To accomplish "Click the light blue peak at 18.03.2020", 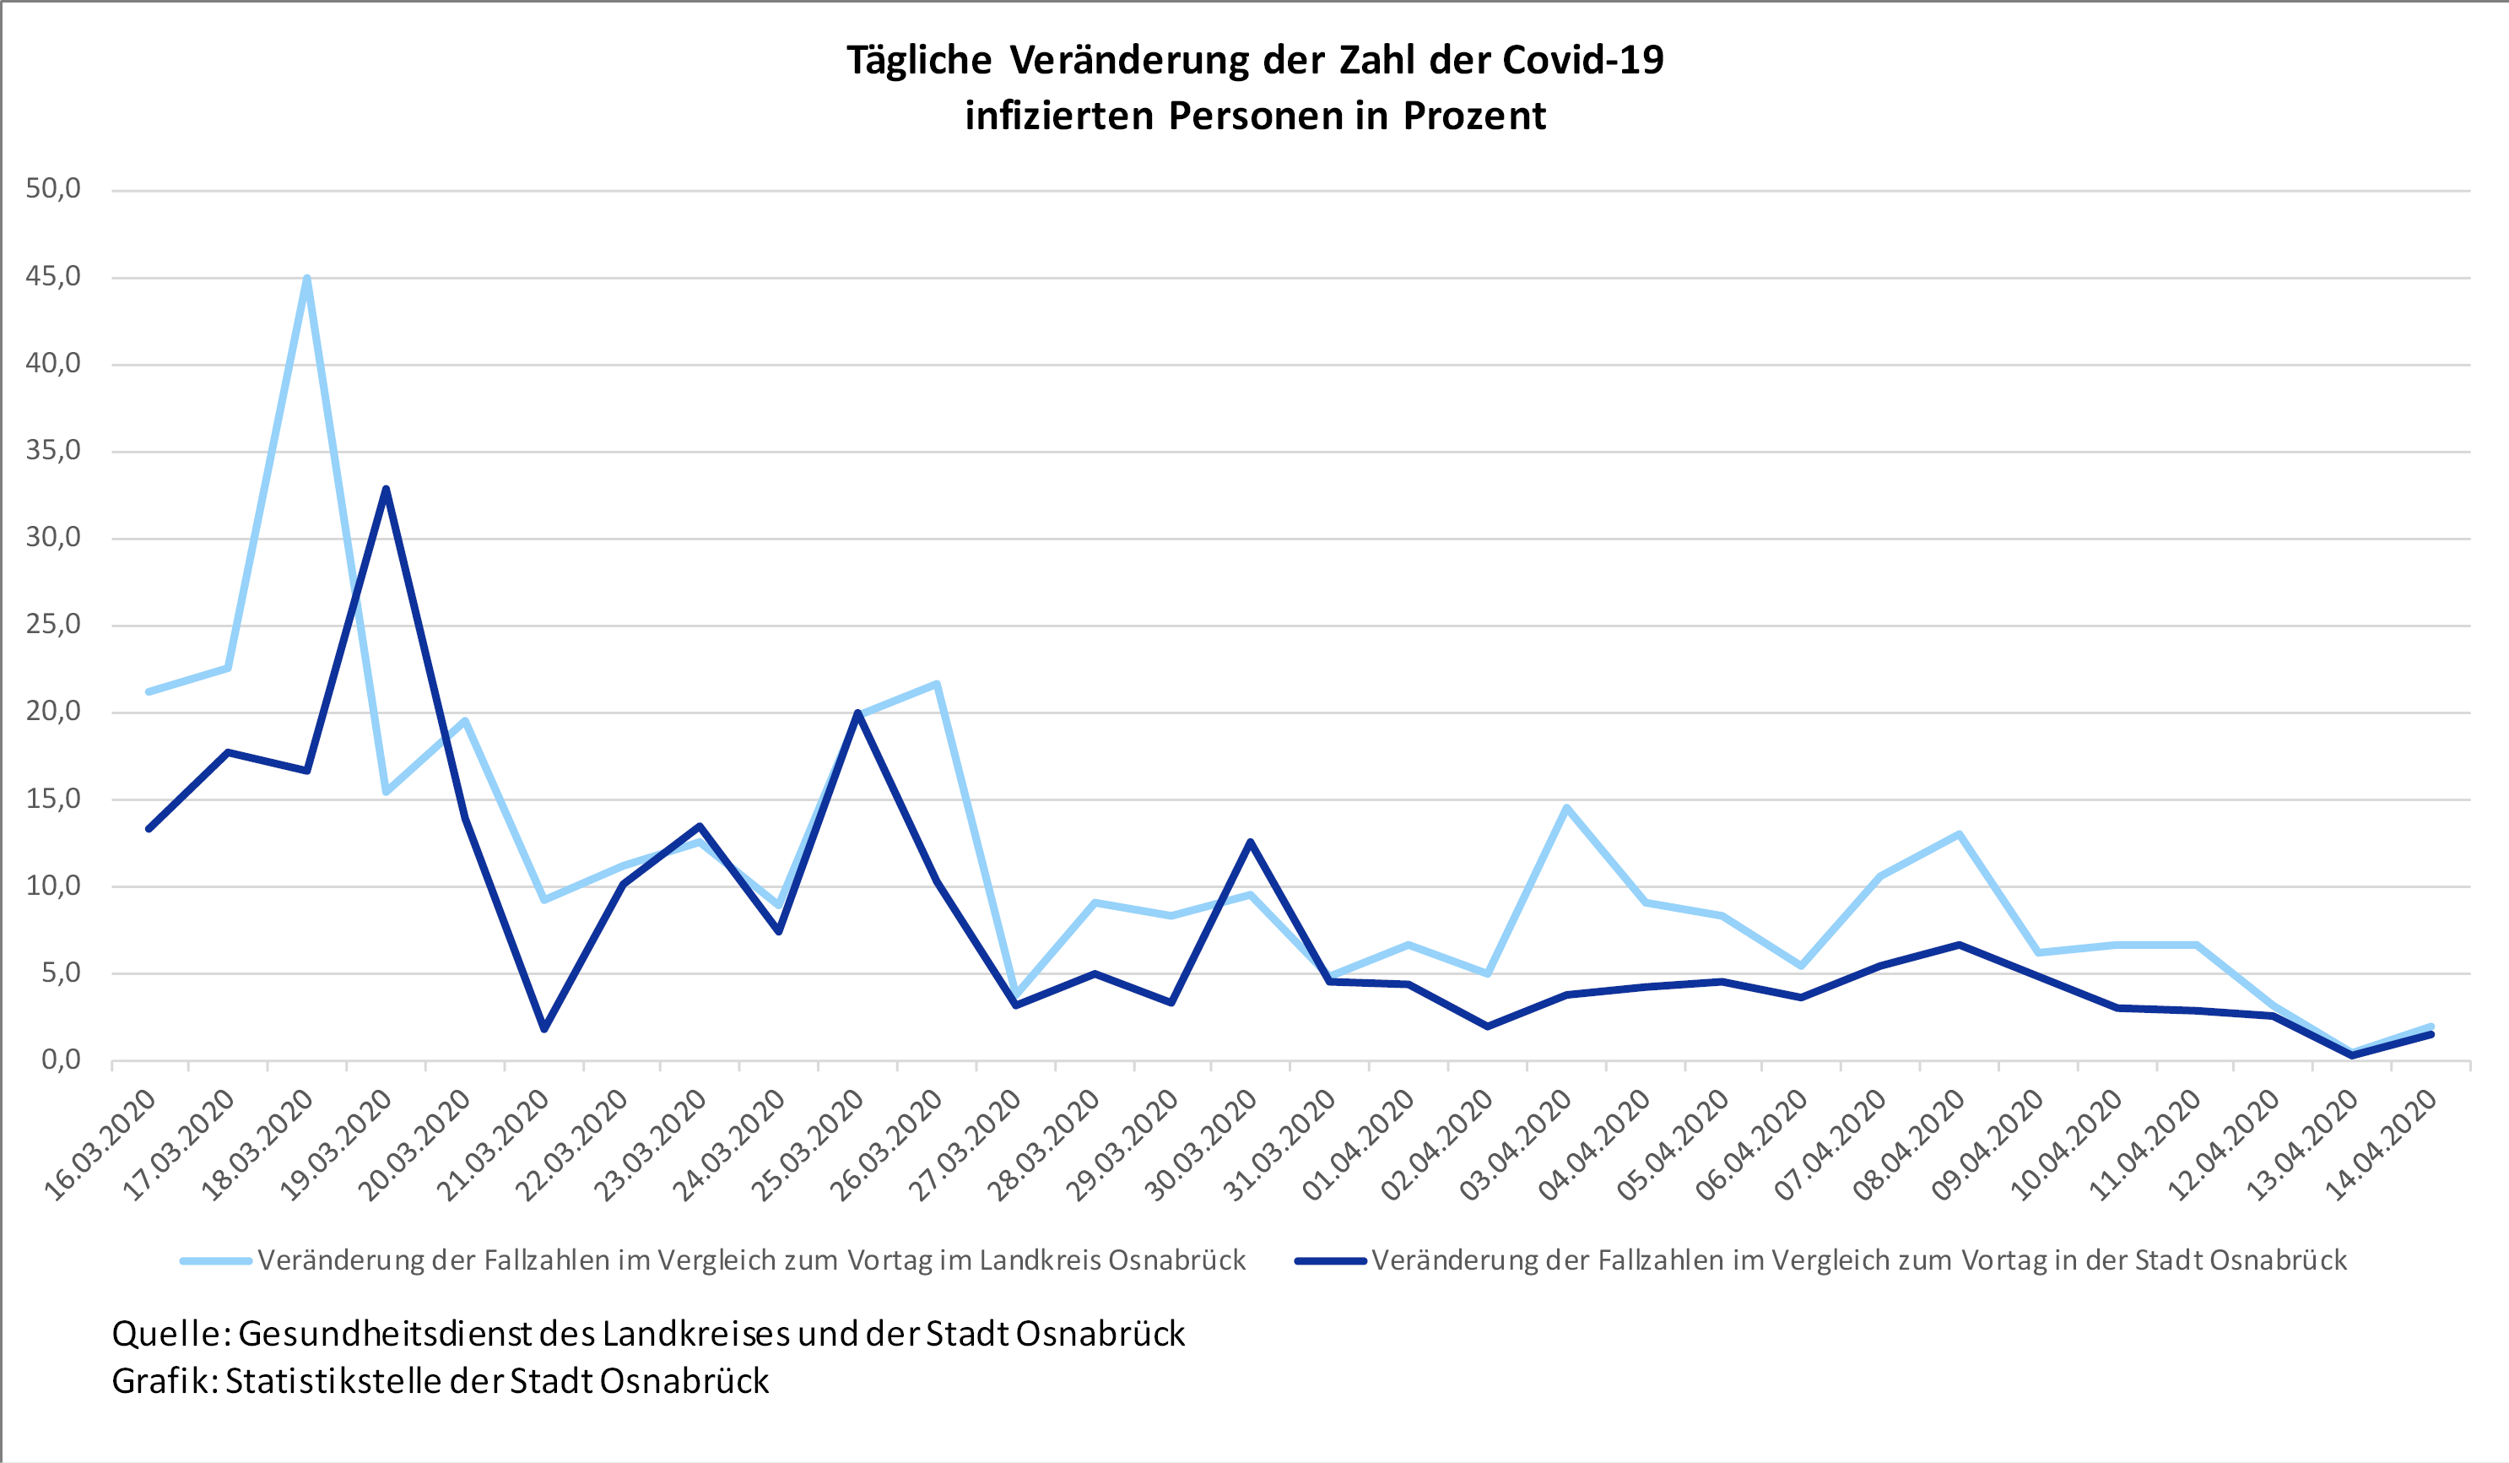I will [x=306, y=279].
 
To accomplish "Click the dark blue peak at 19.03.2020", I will [x=386, y=489].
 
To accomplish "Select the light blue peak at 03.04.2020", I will [x=1566, y=808].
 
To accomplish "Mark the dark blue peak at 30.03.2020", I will [x=1251, y=843].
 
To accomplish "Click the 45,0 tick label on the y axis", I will [x=54, y=277].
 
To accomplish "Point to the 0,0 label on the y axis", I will [x=61, y=1059].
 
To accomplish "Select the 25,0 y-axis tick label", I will [x=54, y=626].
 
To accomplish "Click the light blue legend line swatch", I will [x=215, y=1261].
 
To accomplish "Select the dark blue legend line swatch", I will [x=1329, y=1261].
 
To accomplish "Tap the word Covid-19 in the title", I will [x=1582, y=60].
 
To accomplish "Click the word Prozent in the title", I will [x=1474, y=116].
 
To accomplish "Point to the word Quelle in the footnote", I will [x=165, y=1334].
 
